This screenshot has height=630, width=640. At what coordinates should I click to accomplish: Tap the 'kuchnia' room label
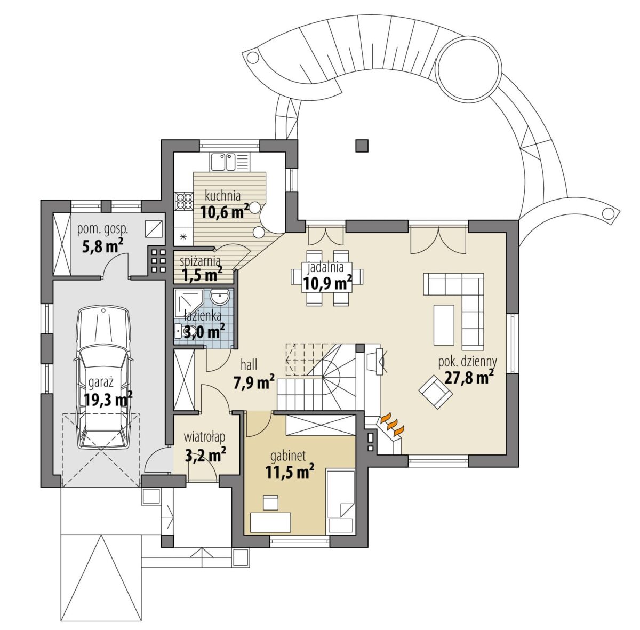(222, 196)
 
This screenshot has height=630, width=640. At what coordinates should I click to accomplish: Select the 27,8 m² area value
(469, 378)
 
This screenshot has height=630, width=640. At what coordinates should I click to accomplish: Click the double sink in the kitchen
(222, 162)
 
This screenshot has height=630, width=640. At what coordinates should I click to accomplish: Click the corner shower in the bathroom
(188, 301)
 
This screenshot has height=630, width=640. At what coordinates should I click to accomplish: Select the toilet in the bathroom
(181, 330)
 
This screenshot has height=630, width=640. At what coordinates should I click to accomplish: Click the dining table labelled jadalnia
(327, 276)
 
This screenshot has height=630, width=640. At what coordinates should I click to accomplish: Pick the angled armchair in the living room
(436, 392)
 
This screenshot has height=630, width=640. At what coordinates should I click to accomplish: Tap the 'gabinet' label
(288, 457)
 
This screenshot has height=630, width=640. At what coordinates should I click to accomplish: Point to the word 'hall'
(249, 365)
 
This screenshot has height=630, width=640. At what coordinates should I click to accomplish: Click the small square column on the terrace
(362, 146)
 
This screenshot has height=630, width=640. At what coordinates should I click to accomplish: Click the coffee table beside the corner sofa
(444, 325)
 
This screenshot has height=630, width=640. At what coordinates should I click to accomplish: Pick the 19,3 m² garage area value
(108, 398)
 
